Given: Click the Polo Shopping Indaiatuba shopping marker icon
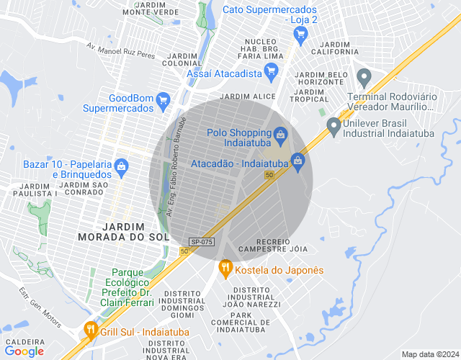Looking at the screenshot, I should coord(281,133).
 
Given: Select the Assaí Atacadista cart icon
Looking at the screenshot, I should coord(272,71).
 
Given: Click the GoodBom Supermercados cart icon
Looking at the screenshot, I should coord(164,100).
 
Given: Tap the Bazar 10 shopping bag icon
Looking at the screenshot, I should coord(121,167).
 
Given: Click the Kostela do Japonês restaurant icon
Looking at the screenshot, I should coord(225,269).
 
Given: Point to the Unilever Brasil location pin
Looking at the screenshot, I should coord(333,126).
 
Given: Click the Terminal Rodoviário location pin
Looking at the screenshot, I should coord(364,76).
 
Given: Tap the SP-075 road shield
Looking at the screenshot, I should coord(201,242).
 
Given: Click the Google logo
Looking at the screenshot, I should coord(24,351).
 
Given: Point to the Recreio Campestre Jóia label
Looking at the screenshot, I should coord(272,245).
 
